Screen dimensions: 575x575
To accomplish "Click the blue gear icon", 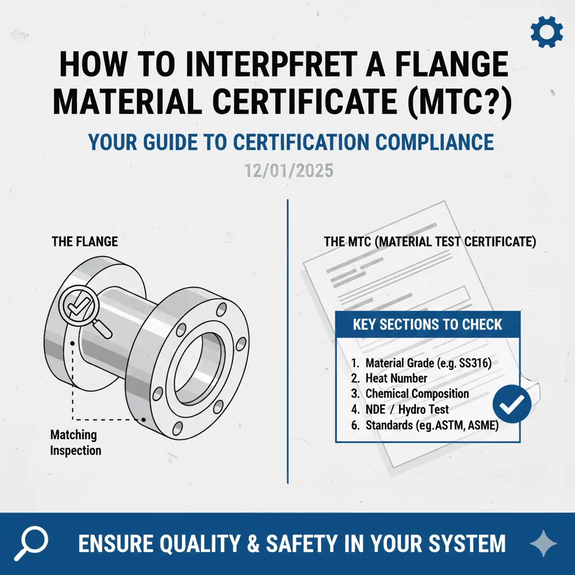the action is coord(546,31).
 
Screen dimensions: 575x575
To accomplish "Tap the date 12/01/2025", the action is coord(289,171).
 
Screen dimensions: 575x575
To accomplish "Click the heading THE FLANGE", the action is coord(85,241).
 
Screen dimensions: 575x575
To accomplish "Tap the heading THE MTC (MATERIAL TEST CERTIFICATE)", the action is coord(430,241).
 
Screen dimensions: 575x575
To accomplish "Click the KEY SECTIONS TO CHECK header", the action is coord(427,325).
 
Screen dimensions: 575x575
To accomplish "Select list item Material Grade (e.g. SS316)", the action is coord(421,363).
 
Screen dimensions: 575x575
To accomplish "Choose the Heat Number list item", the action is coord(389,378).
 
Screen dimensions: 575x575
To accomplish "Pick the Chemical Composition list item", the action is coord(410,394).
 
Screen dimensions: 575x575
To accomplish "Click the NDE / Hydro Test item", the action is coord(400,409).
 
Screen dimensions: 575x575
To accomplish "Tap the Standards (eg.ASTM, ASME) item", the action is coord(425,426).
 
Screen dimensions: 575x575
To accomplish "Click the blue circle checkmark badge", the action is coord(512,404).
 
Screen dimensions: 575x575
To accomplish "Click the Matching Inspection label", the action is coord(76,442).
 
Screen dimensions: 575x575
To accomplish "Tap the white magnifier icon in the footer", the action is coord(31,543).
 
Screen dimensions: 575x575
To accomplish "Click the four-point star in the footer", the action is coord(544,544).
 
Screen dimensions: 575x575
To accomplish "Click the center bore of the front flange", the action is coord(200,367).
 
